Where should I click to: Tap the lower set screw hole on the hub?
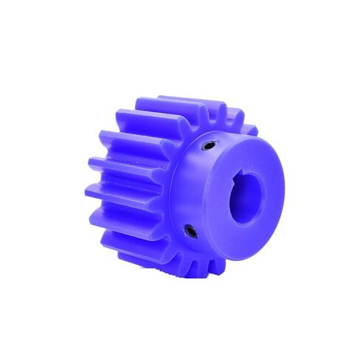[190, 232]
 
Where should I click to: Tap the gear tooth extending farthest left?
[118, 193]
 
